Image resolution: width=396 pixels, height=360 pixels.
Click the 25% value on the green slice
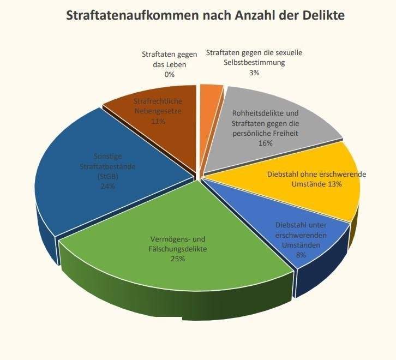[178, 259]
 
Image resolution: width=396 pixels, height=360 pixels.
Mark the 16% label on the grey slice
[266, 143]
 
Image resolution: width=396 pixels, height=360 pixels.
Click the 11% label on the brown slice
[158, 121]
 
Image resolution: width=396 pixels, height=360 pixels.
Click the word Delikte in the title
[322, 15]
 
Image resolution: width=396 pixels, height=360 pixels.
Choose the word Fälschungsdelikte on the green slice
[178, 249]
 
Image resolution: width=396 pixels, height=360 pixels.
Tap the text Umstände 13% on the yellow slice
[316, 184]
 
